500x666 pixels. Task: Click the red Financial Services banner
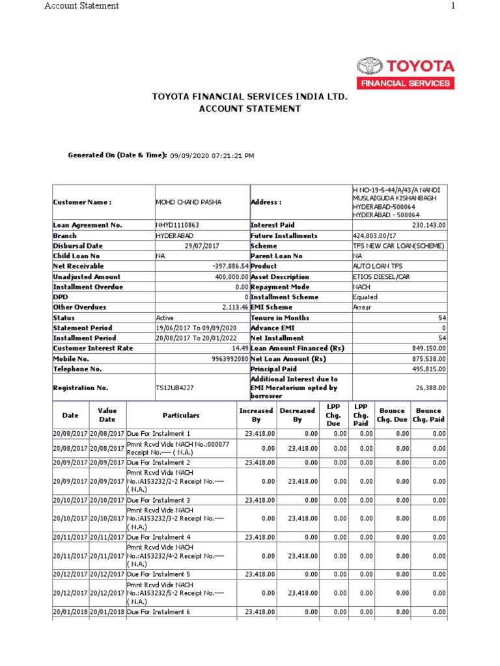(405, 83)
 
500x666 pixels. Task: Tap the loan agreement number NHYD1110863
(177, 225)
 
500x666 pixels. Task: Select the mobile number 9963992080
(230, 359)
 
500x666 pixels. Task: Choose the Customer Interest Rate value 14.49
(240, 349)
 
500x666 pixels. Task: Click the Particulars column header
(181, 415)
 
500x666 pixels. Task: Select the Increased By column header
(256, 415)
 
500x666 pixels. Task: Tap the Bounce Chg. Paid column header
(428, 415)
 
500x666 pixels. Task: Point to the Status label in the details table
(64, 318)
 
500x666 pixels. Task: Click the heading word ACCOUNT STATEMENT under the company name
(250, 109)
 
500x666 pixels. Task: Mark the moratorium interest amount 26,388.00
(430, 388)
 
